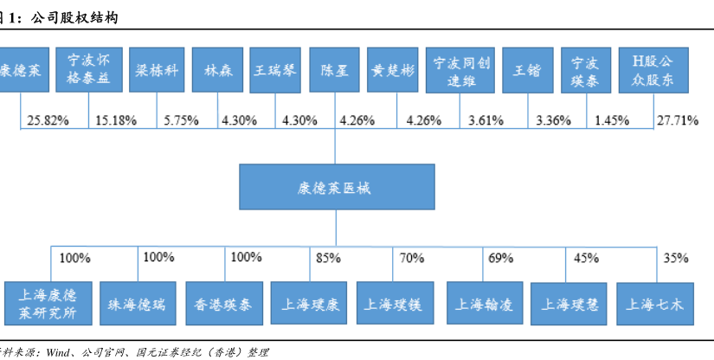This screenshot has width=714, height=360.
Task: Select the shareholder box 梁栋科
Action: coord(157,70)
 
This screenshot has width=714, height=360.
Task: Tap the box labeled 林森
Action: coord(217,70)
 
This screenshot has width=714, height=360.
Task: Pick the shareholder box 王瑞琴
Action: coord(276,70)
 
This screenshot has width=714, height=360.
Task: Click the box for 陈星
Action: coord(334,70)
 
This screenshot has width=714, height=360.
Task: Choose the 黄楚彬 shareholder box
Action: coord(393,70)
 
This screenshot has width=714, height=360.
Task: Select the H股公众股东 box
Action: coord(653,70)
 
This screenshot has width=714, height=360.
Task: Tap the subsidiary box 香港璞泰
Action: coord(221,303)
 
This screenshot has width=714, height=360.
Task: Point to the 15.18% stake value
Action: coord(116,120)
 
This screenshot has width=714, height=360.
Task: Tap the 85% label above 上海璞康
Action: coord(329,257)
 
